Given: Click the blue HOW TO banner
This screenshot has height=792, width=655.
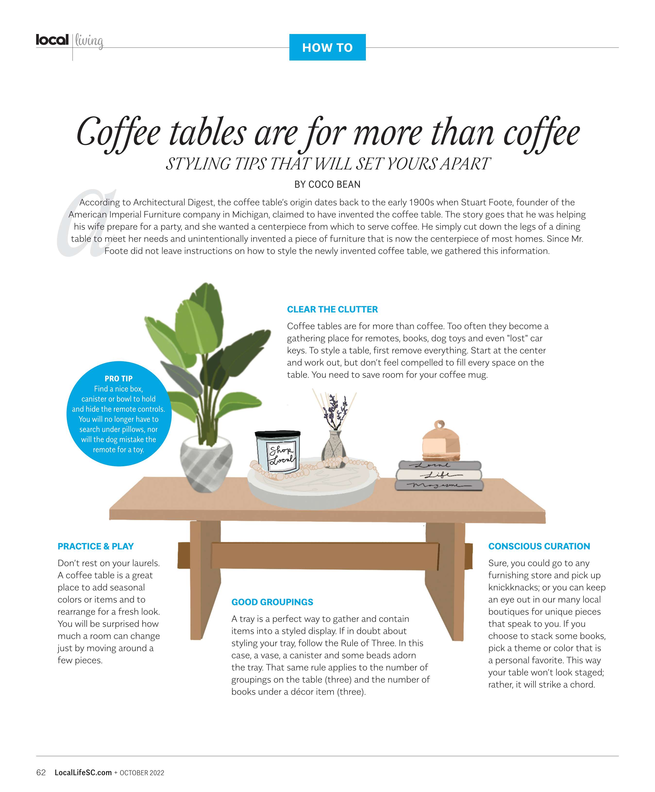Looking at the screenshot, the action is (x=327, y=47).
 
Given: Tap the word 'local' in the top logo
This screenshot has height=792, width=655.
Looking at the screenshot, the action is (x=52, y=40).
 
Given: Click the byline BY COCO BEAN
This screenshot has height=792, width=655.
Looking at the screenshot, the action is (x=327, y=184).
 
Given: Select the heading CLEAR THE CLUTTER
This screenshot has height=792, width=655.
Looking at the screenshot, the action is (x=332, y=309).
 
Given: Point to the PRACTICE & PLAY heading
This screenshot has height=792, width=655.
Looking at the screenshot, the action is (x=95, y=546).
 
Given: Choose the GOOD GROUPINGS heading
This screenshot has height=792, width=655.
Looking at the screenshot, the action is (x=272, y=602).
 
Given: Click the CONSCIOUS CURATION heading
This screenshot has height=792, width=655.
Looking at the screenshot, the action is (x=539, y=546).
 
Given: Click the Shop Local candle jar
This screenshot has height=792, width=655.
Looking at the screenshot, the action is (x=278, y=451).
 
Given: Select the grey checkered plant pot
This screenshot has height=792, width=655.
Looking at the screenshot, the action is (x=206, y=465).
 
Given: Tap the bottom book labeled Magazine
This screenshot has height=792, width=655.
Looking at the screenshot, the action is (x=439, y=485).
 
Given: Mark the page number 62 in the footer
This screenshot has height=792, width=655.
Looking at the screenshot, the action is (x=41, y=772).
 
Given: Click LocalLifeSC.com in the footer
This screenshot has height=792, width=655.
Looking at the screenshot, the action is (x=83, y=772).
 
